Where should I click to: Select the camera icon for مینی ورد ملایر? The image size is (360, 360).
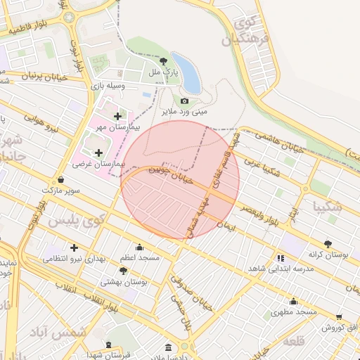pos(185,101)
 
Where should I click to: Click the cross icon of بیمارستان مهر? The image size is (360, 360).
pos(117,116)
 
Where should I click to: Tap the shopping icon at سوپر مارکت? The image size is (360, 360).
pos(61,179)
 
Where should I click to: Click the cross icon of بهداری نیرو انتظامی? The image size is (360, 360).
pos(74,247)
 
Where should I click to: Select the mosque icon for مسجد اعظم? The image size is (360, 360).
pos(139,247)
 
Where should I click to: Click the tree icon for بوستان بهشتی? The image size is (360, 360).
pos(124,270)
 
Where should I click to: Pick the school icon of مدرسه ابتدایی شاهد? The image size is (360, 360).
pos(281,258)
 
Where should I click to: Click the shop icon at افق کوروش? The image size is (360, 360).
pos(340,317)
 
